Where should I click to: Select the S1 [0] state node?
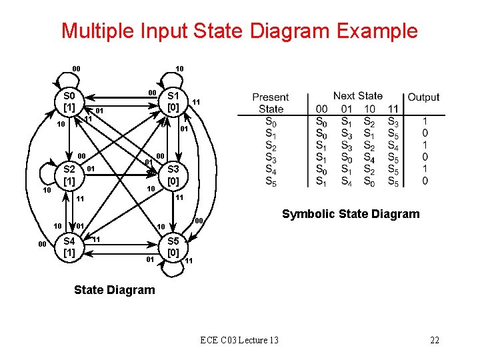pyautogui.click(x=173, y=101)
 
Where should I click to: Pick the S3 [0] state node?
pyautogui.click(x=173, y=175)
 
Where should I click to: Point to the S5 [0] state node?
pyautogui.click(x=173, y=247)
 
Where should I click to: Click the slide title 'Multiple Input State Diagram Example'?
pyautogui.click(x=239, y=31)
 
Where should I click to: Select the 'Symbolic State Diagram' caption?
pyautogui.click(x=351, y=214)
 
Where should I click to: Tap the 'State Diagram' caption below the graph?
pyautogui.click(x=114, y=290)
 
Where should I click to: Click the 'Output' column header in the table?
pyautogui.click(x=423, y=97)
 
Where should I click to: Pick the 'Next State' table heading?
pyautogui.click(x=358, y=96)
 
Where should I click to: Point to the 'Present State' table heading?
pyautogui.click(x=271, y=103)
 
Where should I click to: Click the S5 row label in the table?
pyautogui.click(x=271, y=181)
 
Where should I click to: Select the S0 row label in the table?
pyautogui.click(x=271, y=121)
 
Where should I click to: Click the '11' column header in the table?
pyautogui.click(x=393, y=109)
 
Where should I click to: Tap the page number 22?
pyautogui.click(x=435, y=341)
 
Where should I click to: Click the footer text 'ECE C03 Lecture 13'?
pyautogui.click(x=239, y=341)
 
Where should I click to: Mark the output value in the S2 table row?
pyautogui.click(x=425, y=145)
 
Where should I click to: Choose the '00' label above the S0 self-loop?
pyautogui.click(x=77, y=69)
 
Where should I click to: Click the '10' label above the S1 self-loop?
pyautogui.click(x=179, y=69)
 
